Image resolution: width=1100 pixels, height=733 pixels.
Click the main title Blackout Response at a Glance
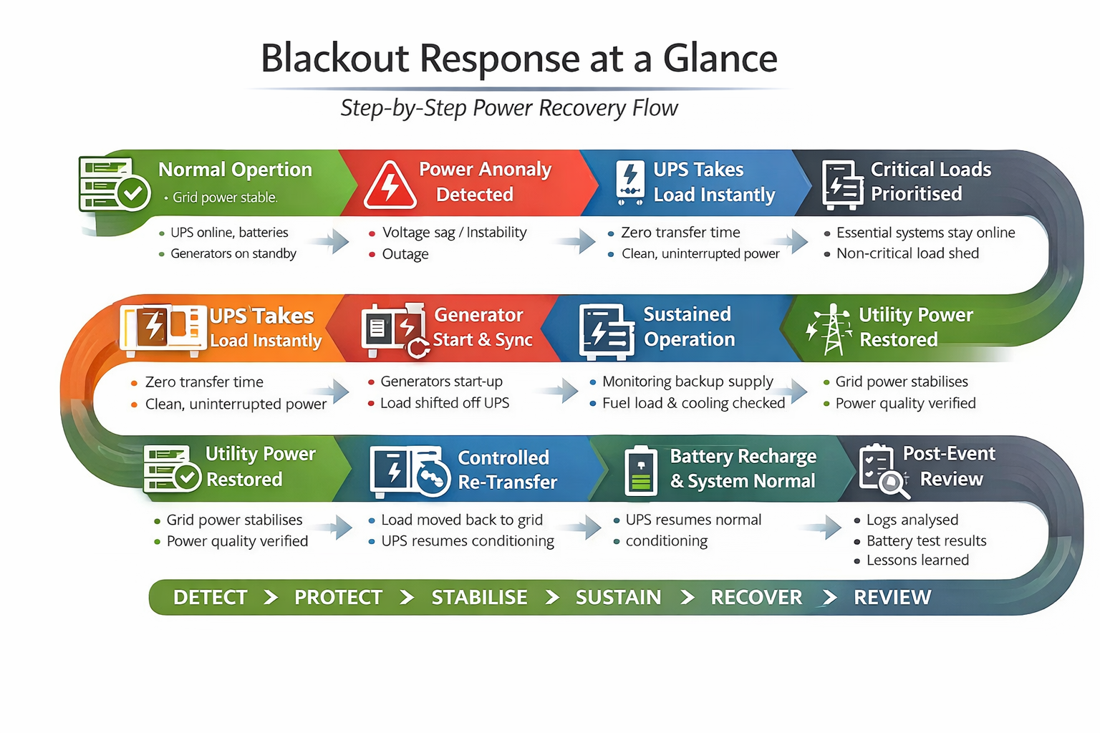click(x=518, y=58)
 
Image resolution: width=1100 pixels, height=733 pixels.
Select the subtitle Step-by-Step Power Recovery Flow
click(x=508, y=108)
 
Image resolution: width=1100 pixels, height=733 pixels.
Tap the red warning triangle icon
click(x=390, y=185)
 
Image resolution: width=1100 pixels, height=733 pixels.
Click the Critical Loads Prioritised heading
click(x=930, y=182)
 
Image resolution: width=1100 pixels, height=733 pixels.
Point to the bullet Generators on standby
click(x=233, y=253)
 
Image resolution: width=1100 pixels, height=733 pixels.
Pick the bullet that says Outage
click(x=405, y=254)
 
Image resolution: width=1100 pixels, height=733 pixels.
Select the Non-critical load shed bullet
click(x=907, y=253)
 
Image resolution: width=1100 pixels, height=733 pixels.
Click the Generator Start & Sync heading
click(x=482, y=327)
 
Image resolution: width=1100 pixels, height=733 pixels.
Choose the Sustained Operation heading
click(x=688, y=326)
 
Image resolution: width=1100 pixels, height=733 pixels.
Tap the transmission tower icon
click(x=831, y=330)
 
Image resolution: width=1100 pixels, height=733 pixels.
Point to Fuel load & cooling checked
click(x=693, y=403)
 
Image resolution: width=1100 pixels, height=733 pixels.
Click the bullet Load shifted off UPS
click(x=444, y=403)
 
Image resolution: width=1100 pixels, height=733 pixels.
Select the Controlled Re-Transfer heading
click(x=506, y=470)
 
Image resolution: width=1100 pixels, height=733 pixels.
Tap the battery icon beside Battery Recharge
click(x=640, y=471)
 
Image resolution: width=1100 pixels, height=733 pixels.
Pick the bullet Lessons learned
click(x=917, y=560)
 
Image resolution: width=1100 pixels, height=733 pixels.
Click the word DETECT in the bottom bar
click(x=210, y=597)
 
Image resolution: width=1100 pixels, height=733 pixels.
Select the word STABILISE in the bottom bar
click(x=479, y=597)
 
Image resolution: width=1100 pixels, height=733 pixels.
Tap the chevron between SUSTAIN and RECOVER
click(x=687, y=597)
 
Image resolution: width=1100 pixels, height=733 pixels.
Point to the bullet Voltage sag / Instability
click(x=454, y=233)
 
